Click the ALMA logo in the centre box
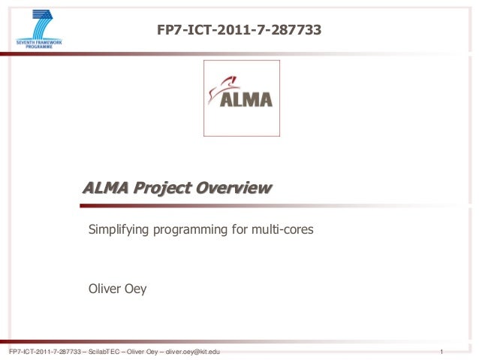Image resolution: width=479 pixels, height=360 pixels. (242, 98)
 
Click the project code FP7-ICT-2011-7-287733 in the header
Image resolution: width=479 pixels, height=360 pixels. (239, 30)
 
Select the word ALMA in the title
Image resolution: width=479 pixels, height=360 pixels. (105, 188)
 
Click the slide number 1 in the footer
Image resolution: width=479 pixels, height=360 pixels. (444, 352)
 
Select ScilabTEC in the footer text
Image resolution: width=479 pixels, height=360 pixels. (107, 352)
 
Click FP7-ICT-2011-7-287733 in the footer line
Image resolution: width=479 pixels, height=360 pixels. (43, 352)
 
